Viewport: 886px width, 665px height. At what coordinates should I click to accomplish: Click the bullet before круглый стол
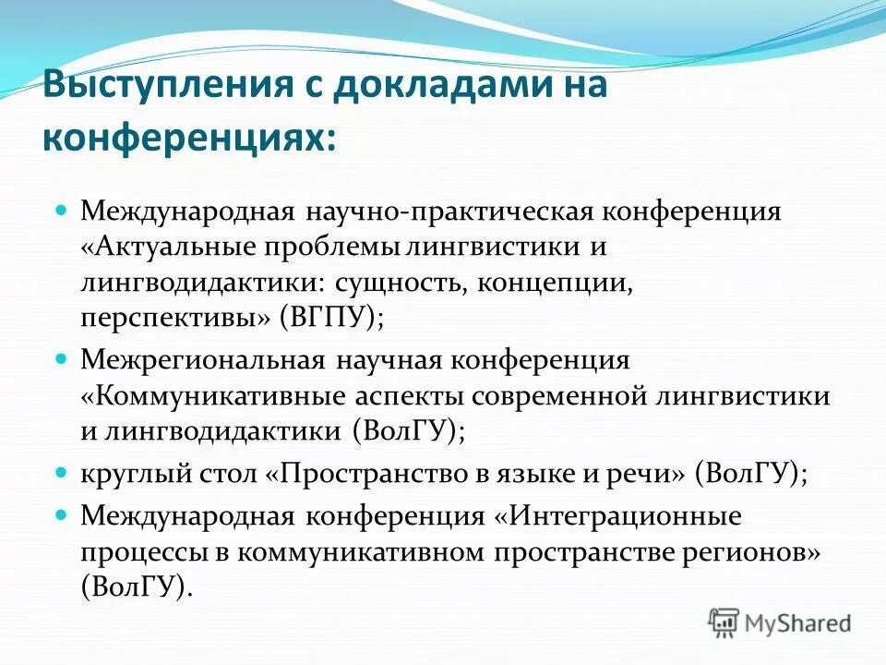[63, 472]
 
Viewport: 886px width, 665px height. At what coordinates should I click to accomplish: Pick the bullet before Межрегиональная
[63, 357]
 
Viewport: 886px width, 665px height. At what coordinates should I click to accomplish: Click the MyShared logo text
[797, 623]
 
